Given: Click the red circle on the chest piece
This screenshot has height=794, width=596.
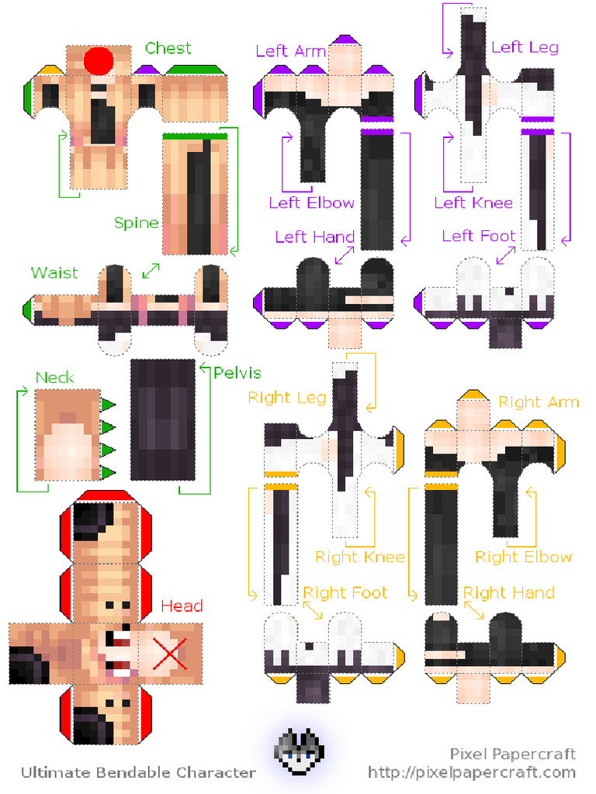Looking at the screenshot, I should [99, 60].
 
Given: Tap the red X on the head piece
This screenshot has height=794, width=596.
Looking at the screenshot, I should [170, 652].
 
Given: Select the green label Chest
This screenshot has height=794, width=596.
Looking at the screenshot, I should [168, 48].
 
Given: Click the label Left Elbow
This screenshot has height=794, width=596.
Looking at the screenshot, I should [311, 203].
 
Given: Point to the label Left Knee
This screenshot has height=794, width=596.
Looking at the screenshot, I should [473, 203].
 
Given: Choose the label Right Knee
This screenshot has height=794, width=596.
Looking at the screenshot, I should [359, 557].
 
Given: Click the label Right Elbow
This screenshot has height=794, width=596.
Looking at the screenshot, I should [523, 557].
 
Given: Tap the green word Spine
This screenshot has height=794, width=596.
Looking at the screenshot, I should [137, 223].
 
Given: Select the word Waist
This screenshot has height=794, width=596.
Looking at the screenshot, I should [54, 273].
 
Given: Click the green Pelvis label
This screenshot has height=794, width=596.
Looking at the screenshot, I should [237, 373].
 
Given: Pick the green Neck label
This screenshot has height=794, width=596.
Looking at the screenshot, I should [55, 378].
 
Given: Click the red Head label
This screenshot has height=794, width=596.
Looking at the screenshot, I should [182, 606].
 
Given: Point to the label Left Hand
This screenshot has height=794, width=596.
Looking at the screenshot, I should [314, 236].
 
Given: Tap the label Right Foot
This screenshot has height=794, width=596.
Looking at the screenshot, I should [345, 592].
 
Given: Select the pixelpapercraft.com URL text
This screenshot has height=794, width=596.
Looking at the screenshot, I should [472, 772].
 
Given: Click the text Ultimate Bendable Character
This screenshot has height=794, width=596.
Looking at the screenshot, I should [138, 772].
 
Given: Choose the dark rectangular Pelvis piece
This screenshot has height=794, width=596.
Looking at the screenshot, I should [162, 419].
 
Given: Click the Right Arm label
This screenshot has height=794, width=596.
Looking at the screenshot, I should [539, 402].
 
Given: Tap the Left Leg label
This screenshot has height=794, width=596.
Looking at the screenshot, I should [525, 47].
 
